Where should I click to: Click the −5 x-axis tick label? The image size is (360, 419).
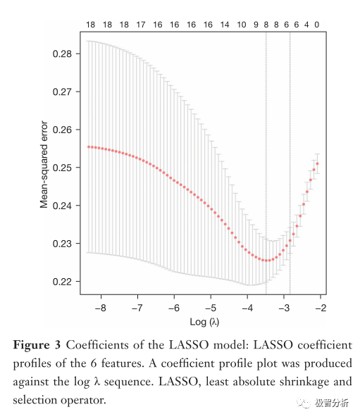click(211, 308)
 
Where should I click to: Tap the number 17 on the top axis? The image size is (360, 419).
click(141, 25)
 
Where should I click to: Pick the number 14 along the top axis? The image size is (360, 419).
click(225, 25)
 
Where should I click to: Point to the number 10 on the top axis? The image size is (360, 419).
click(242, 25)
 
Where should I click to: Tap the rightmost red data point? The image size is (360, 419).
click(318, 163)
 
